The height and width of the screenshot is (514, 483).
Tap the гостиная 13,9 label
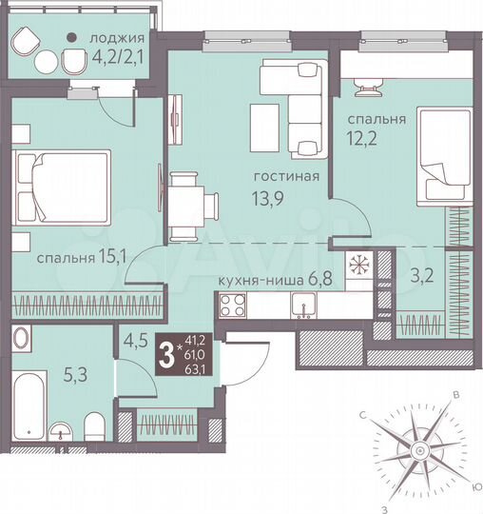tap(285, 186)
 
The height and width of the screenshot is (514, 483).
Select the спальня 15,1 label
tap(77, 258)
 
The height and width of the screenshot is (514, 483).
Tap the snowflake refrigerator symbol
tap(358, 264)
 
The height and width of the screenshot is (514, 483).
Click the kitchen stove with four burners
tap(232, 306)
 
